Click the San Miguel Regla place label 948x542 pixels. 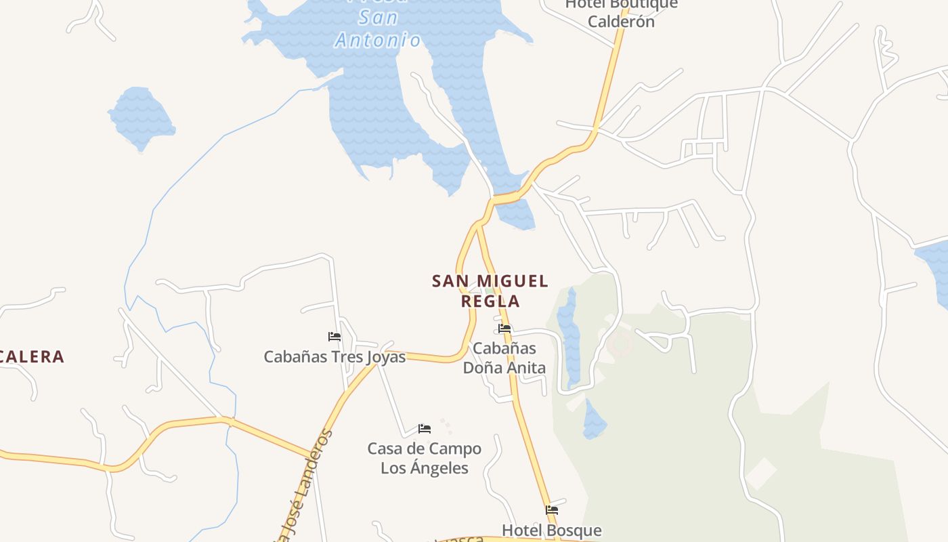[x=490, y=290]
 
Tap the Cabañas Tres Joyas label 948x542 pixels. [x=335, y=357]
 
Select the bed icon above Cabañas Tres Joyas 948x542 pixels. [x=334, y=336]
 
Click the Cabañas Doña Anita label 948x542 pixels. [x=504, y=358]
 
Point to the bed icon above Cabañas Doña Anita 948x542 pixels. [x=504, y=329]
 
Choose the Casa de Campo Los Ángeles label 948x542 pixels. [x=425, y=458]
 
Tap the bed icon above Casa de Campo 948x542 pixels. [x=425, y=428]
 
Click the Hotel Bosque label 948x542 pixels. [x=551, y=530]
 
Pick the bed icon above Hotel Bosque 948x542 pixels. [x=552, y=509]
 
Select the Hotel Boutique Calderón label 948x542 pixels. [x=621, y=14]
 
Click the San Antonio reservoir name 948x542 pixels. [x=379, y=28]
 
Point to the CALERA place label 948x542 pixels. [x=31, y=356]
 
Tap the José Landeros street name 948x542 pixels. [x=305, y=488]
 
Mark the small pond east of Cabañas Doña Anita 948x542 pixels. [x=594, y=420]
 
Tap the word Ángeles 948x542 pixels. [x=441, y=468]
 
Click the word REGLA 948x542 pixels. [x=490, y=301]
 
